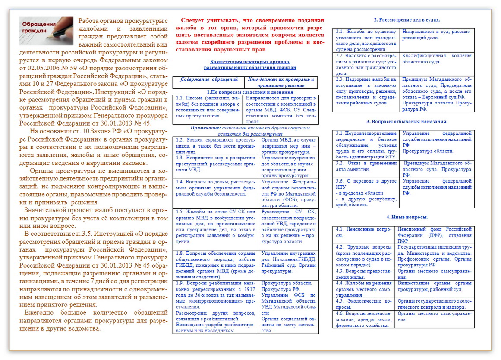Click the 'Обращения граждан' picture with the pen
point(46,31)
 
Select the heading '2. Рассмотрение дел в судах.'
point(406,20)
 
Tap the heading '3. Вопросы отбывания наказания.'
point(406,122)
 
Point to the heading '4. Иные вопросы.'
point(407,217)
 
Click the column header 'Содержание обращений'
point(209,79)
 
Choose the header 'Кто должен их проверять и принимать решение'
point(281,82)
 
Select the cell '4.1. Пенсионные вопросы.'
point(363,232)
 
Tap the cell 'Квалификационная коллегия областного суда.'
point(437,59)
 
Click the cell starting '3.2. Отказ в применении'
point(366,166)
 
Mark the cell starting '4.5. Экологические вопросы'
point(363,304)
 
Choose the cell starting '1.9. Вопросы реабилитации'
point(215,306)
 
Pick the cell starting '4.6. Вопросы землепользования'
point(363,319)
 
